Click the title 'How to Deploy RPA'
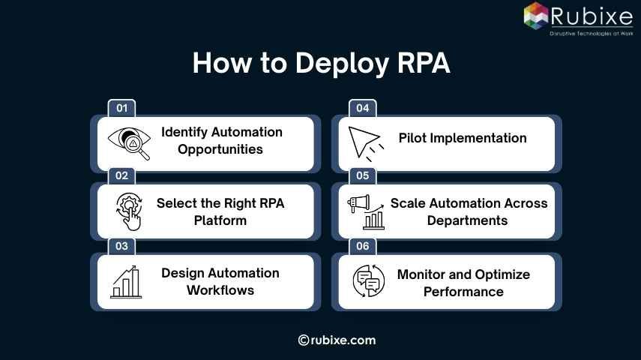321,64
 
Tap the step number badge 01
121,108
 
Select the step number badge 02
121,176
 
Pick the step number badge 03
121,246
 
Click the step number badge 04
363,108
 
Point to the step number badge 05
363,176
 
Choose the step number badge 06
363,246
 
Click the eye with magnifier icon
129,142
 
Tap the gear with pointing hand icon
129,211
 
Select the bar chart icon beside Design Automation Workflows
126,281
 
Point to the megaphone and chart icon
366,211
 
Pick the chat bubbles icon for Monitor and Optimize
368,282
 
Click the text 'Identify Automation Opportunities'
222,140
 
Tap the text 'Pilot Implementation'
463,138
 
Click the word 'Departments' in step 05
467,220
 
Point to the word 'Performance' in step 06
463,291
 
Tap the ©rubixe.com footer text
337,340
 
